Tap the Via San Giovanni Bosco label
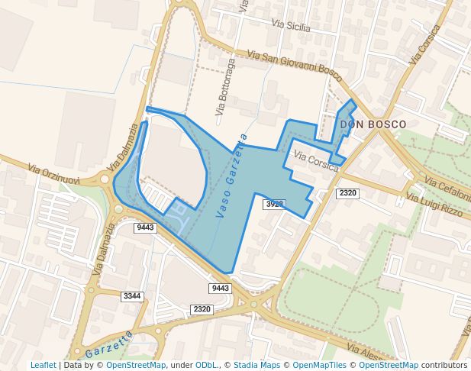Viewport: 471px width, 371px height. tap(295, 63)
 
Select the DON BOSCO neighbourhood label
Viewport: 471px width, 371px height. tap(373, 124)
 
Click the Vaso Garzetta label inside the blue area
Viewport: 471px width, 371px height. tap(231, 176)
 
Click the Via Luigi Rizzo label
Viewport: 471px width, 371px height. tap(434, 205)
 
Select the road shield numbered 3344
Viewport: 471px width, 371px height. tap(132, 295)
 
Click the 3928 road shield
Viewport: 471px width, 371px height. tap(274, 204)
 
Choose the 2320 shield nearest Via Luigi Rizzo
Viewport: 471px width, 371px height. tap(347, 194)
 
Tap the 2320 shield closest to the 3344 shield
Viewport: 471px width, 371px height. tap(202, 308)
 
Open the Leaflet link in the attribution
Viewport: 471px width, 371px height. tap(43, 365)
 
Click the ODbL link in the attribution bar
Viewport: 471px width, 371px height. tap(206, 365)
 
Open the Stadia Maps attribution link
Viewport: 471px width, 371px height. tap(256, 365)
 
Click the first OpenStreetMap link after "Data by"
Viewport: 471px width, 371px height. tap(136, 365)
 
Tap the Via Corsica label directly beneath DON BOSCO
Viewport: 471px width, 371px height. tap(316, 161)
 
